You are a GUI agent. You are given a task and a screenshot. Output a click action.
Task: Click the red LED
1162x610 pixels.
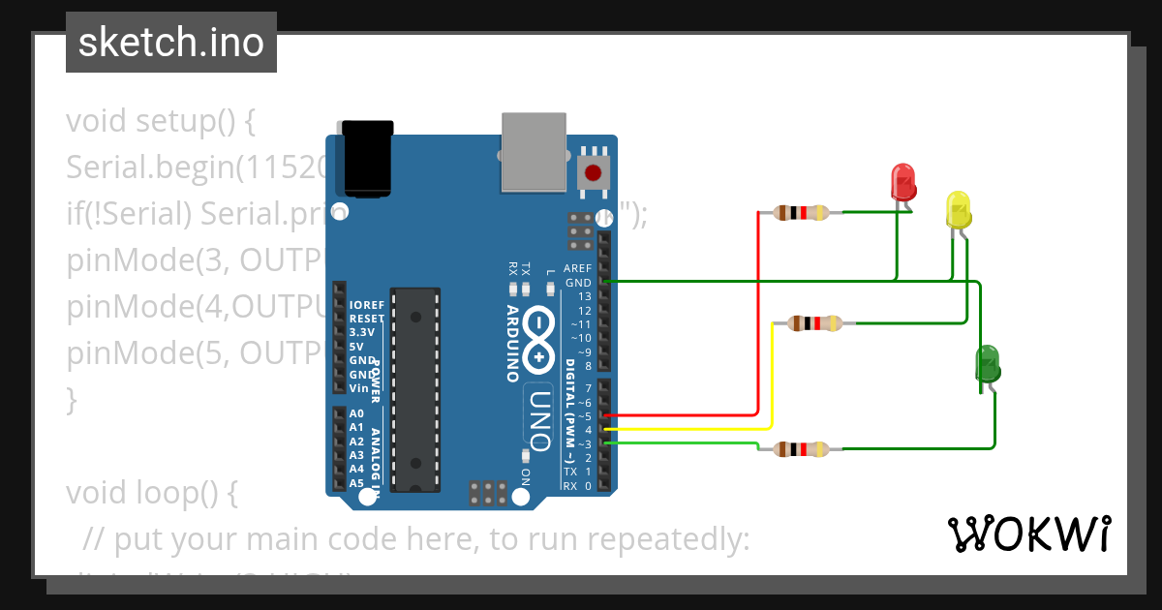[x=902, y=182]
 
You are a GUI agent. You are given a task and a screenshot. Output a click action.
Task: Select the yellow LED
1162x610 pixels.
[x=958, y=210]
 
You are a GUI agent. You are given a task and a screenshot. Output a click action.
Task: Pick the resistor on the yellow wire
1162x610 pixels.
[x=813, y=323]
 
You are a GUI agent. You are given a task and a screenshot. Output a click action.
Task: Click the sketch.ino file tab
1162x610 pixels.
[x=171, y=43]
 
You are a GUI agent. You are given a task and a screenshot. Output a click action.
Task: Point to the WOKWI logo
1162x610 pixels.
[x=1028, y=534]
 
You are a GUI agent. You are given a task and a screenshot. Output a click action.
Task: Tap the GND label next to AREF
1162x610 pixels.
[x=579, y=283]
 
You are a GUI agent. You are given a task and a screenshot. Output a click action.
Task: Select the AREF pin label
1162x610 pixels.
[x=577, y=268]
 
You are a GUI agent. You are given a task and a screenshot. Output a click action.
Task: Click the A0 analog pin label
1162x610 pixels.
[x=356, y=413]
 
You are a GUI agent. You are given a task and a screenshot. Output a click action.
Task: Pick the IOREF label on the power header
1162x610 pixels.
[x=366, y=305]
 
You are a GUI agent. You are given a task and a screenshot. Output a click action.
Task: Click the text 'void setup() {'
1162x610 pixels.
[x=161, y=122]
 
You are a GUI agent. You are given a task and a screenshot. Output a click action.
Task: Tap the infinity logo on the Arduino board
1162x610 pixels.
[x=538, y=342]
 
